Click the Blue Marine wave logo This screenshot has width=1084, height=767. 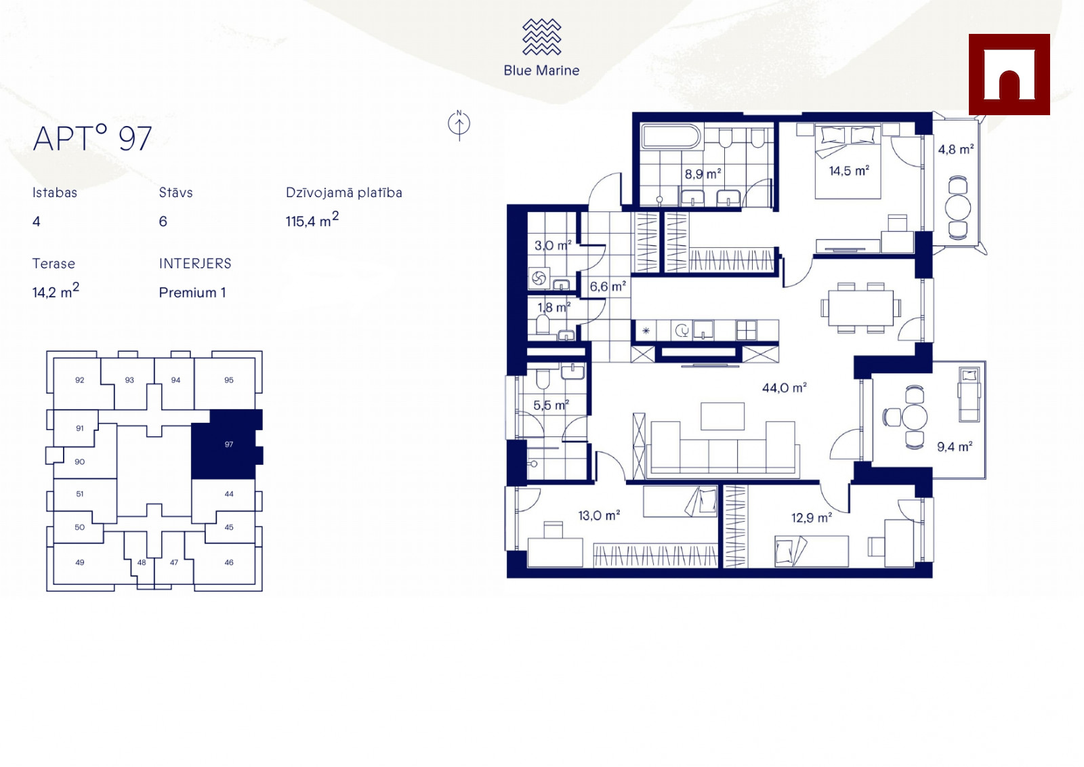click(541, 37)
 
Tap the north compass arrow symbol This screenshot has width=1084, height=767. click(459, 125)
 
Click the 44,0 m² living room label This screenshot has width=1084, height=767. click(785, 388)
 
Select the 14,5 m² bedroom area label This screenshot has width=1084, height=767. click(849, 170)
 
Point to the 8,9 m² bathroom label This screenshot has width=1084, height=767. click(703, 173)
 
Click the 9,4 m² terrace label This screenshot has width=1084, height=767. click(955, 446)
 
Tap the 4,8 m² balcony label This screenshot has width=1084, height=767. click(956, 149)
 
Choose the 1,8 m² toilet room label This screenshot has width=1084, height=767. click(554, 307)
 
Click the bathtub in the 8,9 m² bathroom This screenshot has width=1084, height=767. click(671, 136)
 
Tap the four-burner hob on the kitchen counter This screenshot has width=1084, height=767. click(746, 331)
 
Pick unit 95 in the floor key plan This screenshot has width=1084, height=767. click(229, 380)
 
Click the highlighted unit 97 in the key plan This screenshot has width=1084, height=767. click(227, 444)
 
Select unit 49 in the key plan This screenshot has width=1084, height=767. click(80, 562)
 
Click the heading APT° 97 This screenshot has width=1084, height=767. click(92, 138)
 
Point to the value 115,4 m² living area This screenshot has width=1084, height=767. click(312, 220)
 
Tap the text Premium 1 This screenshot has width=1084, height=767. click(192, 293)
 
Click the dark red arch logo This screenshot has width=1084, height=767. click(1009, 75)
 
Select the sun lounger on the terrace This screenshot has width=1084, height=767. click(970, 394)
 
